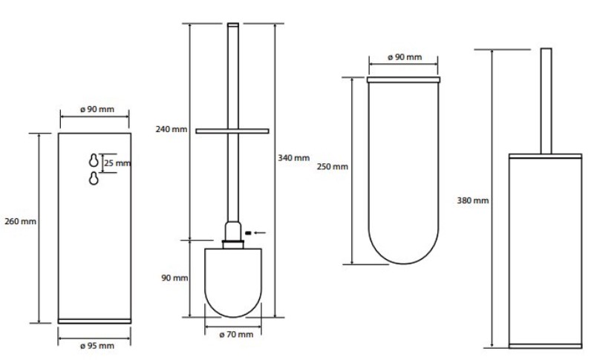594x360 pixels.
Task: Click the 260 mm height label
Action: point(21,221)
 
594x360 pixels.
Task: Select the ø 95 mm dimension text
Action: point(97,346)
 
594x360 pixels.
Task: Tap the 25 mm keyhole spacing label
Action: point(117,163)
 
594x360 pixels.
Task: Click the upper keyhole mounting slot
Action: point(94,160)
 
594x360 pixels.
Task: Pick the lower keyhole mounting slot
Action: point(94,178)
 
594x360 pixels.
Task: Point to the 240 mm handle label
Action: point(172,129)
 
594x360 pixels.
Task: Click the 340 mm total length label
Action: point(293,158)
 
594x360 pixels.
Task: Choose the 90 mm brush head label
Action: point(174,278)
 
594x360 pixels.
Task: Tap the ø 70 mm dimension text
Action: point(236,334)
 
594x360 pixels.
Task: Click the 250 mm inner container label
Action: point(332,166)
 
